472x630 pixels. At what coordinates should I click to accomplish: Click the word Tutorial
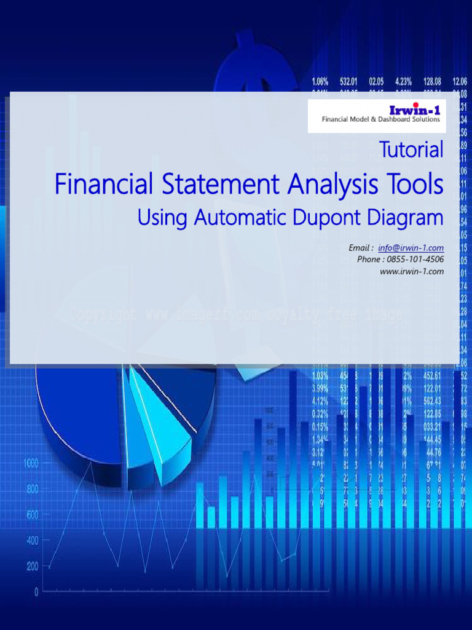(x=411, y=150)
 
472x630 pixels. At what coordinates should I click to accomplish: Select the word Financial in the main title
(x=100, y=184)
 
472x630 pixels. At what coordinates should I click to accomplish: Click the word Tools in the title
(x=414, y=184)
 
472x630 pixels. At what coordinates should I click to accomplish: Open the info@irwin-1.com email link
(x=411, y=248)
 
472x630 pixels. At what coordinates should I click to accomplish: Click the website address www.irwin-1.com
(x=412, y=271)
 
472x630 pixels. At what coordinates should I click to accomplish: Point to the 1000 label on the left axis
(x=31, y=463)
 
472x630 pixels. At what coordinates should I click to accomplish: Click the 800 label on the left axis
(x=32, y=489)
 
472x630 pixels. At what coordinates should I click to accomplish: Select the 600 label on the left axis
(x=32, y=514)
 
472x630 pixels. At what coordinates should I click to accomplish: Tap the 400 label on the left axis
(x=32, y=540)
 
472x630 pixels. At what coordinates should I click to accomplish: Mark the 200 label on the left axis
(x=32, y=566)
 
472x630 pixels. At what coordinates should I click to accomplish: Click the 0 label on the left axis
(x=36, y=592)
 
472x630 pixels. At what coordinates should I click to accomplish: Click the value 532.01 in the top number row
(x=348, y=81)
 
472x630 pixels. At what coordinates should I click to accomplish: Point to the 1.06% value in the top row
(x=320, y=81)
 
